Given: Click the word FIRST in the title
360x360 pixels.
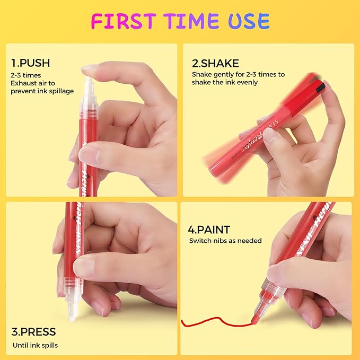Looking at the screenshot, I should click(122, 21).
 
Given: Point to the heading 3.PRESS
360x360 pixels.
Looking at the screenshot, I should click(33, 333).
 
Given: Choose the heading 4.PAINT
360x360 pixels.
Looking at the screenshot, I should click(209, 230).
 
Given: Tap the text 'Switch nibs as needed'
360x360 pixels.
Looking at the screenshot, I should click(225, 241).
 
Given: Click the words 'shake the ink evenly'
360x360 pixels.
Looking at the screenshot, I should click(225, 82).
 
